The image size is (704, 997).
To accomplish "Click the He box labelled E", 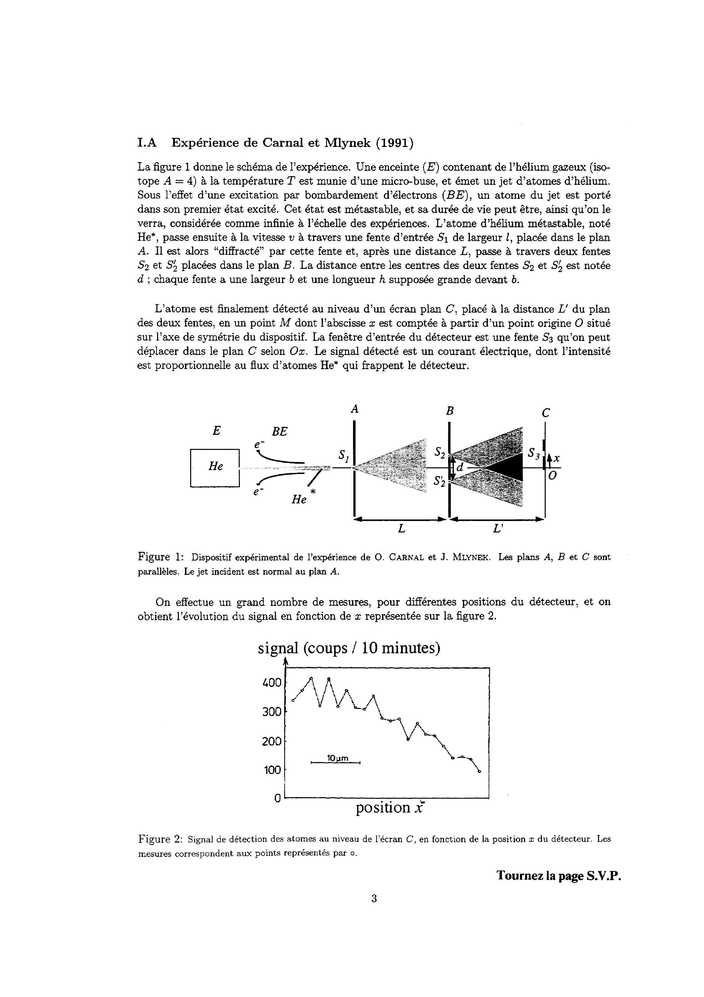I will pos(215,468).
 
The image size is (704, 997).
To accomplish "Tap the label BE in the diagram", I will pos(279,432).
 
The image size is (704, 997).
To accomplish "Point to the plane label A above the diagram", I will pos(355,409).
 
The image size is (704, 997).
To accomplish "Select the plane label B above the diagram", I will pos(450,410).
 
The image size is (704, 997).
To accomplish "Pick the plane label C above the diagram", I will pos(546,413).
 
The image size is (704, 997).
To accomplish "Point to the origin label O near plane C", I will pos(552,476).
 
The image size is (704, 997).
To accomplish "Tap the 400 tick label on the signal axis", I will pos(272,683).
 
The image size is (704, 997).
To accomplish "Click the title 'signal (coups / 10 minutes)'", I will pos(349,648).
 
